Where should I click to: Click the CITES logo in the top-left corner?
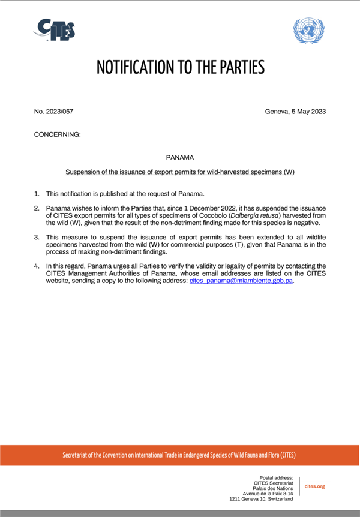[x=55, y=29]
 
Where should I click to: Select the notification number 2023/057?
[x=53, y=112]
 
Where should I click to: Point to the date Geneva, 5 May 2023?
[x=295, y=112]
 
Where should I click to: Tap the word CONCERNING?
[x=57, y=134]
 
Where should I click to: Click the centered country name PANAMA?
[x=180, y=157]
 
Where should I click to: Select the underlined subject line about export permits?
[x=180, y=172]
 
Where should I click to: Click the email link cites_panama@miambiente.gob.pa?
[x=241, y=281]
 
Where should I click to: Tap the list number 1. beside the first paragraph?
[x=37, y=193]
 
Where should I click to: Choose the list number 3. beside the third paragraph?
[x=37, y=238]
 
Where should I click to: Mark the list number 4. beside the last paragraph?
[x=37, y=266]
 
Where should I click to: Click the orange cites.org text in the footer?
[x=315, y=486]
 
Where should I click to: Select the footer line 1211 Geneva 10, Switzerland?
[x=261, y=499]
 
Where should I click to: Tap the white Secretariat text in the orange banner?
[x=179, y=455]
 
